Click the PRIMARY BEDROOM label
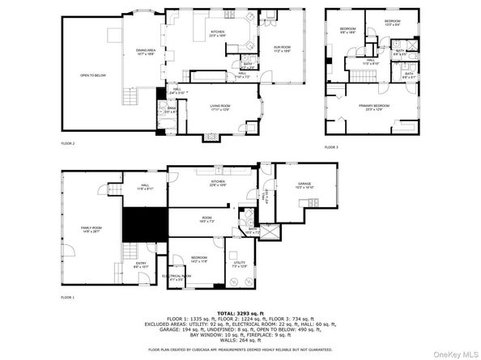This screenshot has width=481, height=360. pos(373,106)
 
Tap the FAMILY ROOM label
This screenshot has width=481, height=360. pos(90,230)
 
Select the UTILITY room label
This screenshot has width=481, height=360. pos(239,263)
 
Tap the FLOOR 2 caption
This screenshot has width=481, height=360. pos(67,143)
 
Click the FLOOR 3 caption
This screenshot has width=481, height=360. pos(331,147)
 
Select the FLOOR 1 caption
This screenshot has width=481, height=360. pos(67,298)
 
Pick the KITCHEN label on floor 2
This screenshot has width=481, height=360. pos(217,32)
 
